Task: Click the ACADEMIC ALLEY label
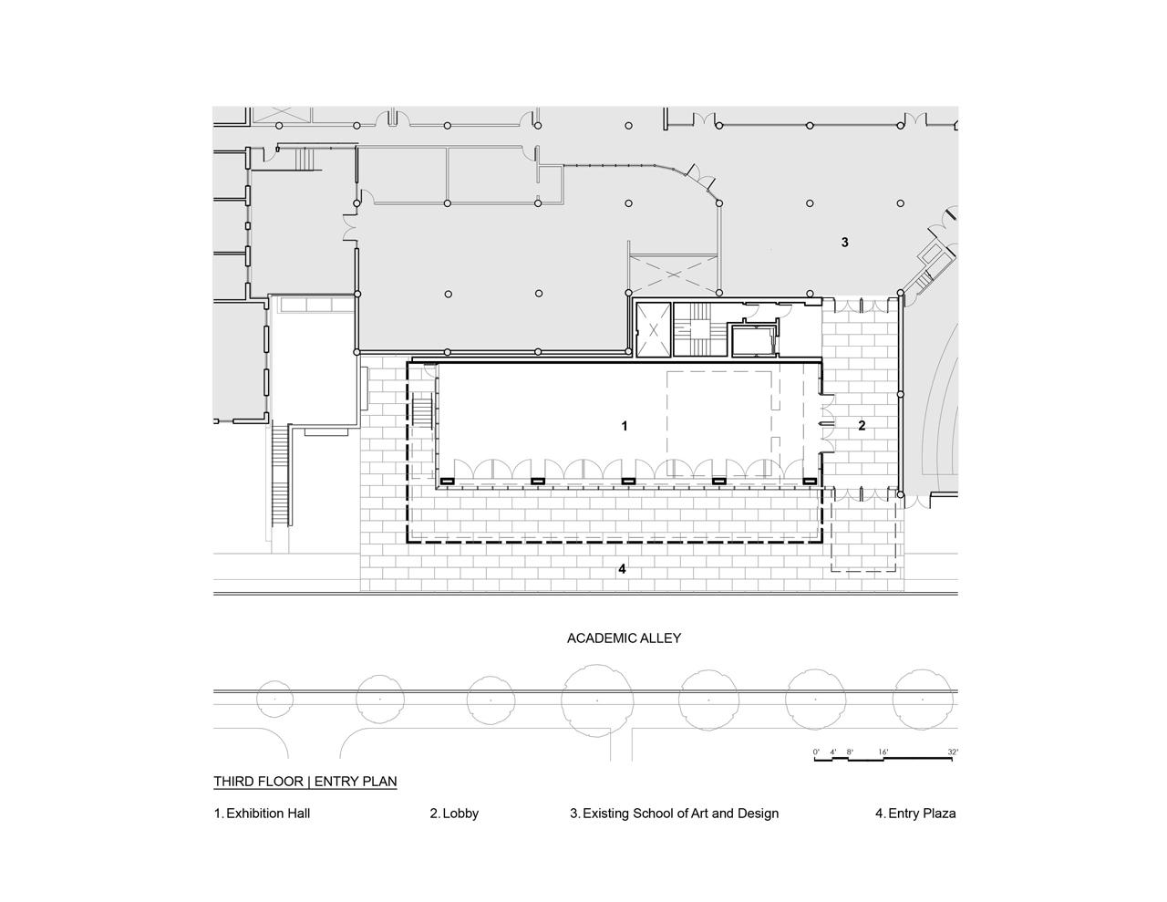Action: point(624,638)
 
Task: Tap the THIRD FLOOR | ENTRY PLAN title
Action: point(305,781)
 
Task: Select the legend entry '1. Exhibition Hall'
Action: point(262,814)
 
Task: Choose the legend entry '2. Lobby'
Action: point(454,814)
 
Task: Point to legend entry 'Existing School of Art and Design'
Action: point(680,814)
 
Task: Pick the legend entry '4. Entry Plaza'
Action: point(915,814)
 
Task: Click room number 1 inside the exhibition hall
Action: point(624,426)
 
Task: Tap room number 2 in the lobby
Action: point(862,426)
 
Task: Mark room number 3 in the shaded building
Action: point(844,243)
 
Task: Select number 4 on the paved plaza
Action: point(622,568)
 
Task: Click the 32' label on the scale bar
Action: point(952,752)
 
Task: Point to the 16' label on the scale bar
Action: point(883,752)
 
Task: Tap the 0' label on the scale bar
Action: point(816,752)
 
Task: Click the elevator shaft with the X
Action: point(653,330)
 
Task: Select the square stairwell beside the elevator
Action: point(700,328)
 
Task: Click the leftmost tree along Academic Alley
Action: point(275,700)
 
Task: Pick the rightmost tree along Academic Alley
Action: point(922,700)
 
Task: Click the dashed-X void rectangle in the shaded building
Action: point(673,275)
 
